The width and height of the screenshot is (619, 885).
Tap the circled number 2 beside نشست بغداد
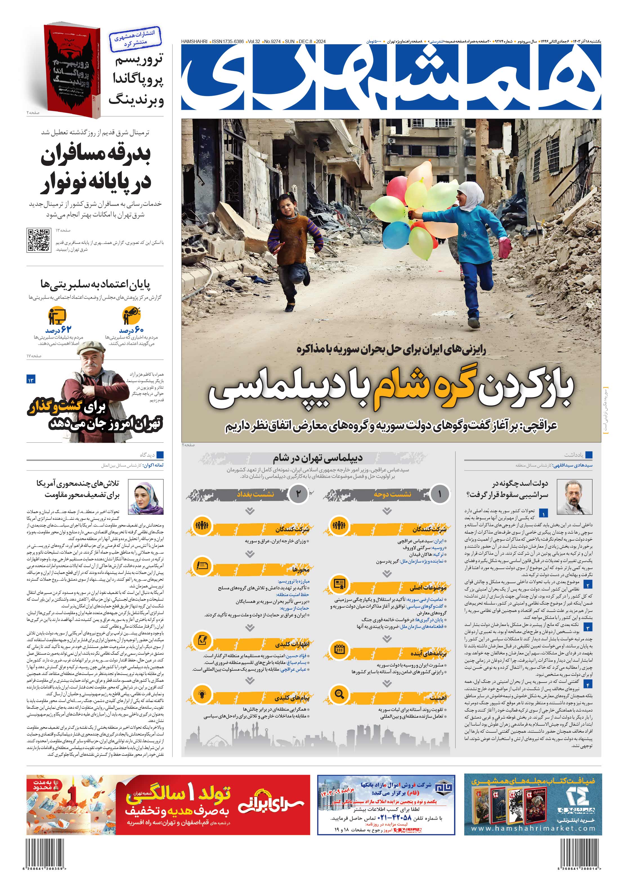pyautogui.click(x=298, y=494)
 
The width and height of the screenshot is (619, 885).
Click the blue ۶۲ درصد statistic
pyautogui.click(x=59, y=330)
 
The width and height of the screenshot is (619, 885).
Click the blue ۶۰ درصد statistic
pyautogui.click(x=132, y=330)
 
